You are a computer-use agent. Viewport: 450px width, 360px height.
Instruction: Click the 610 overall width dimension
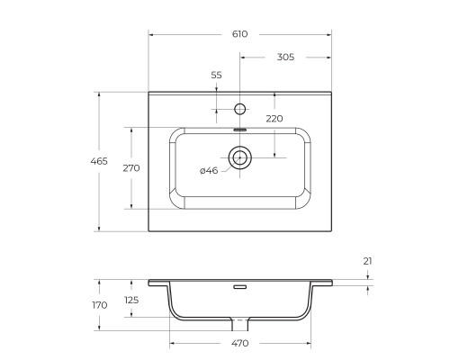[x=240, y=33]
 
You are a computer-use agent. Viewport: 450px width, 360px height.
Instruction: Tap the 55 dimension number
[x=216, y=76]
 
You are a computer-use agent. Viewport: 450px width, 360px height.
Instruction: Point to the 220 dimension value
[x=274, y=119]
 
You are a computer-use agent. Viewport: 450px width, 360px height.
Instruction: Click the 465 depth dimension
[x=100, y=161]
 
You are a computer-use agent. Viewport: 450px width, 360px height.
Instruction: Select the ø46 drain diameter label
[x=208, y=171]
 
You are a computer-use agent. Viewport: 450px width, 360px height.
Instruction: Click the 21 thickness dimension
[x=368, y=261]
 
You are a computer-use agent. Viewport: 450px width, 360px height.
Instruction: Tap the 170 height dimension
[x=100, y=305]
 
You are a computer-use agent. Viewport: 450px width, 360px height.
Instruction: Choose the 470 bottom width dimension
[x=240, y=344]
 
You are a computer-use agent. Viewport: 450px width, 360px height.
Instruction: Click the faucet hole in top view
[x=239, y=110]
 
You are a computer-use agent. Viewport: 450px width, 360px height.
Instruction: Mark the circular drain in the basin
[x=240, y=159]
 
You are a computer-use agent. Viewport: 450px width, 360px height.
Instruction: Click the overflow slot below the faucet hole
[x=240, y=130]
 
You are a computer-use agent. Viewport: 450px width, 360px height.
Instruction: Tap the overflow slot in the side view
[x=240, y=288]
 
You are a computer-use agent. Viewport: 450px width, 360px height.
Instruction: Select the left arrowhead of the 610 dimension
[x=151, y=33]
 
